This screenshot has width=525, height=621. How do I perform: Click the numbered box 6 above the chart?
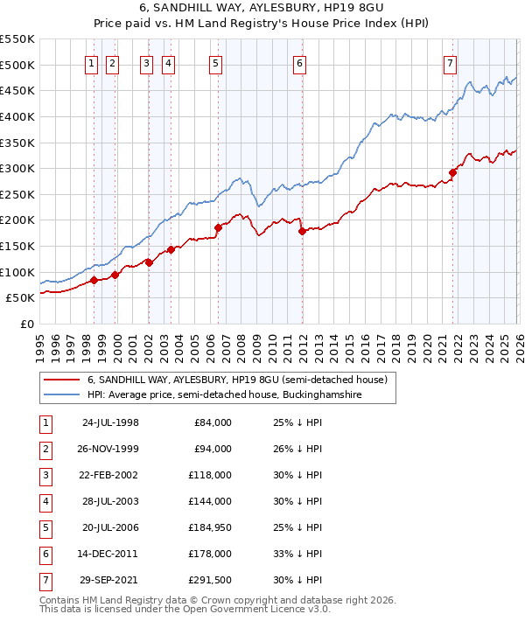pyautogui.click(x=299, y=63)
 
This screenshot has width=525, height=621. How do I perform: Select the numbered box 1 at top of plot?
pyautogui.click(x=92, y=63)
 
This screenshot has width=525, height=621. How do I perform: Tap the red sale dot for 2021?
pyautogui.click(x=452, y=172)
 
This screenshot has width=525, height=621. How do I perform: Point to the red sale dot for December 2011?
pyautogui.click(x=302, y=232)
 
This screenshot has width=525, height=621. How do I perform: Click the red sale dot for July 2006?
pyautogui.click(x=218, y=228)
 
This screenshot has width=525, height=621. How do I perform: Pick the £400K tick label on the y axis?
pyautogui.click(x=17, y=116)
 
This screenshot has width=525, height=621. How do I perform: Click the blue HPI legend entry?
pyautogui.click(x=224, y=395)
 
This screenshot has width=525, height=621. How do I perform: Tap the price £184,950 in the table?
pyautogui.click(x=211, y=527)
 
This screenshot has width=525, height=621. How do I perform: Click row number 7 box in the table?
pyautogui.click(x=45, y=580)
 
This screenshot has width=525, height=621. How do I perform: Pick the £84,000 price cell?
pyautogui.click(x=213, y=422)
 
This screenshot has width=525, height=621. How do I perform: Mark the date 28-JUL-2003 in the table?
pyautogui.click(x=110, y=501)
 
